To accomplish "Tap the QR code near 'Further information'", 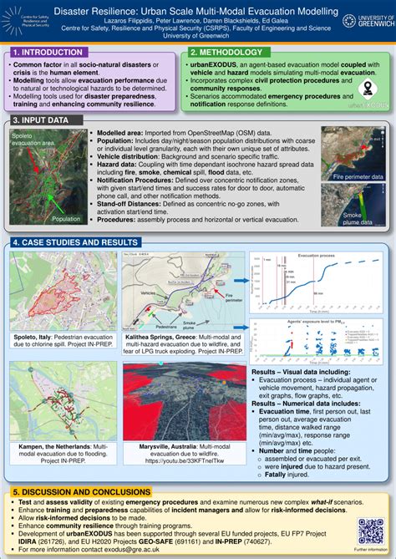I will click(x=370, y=530).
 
